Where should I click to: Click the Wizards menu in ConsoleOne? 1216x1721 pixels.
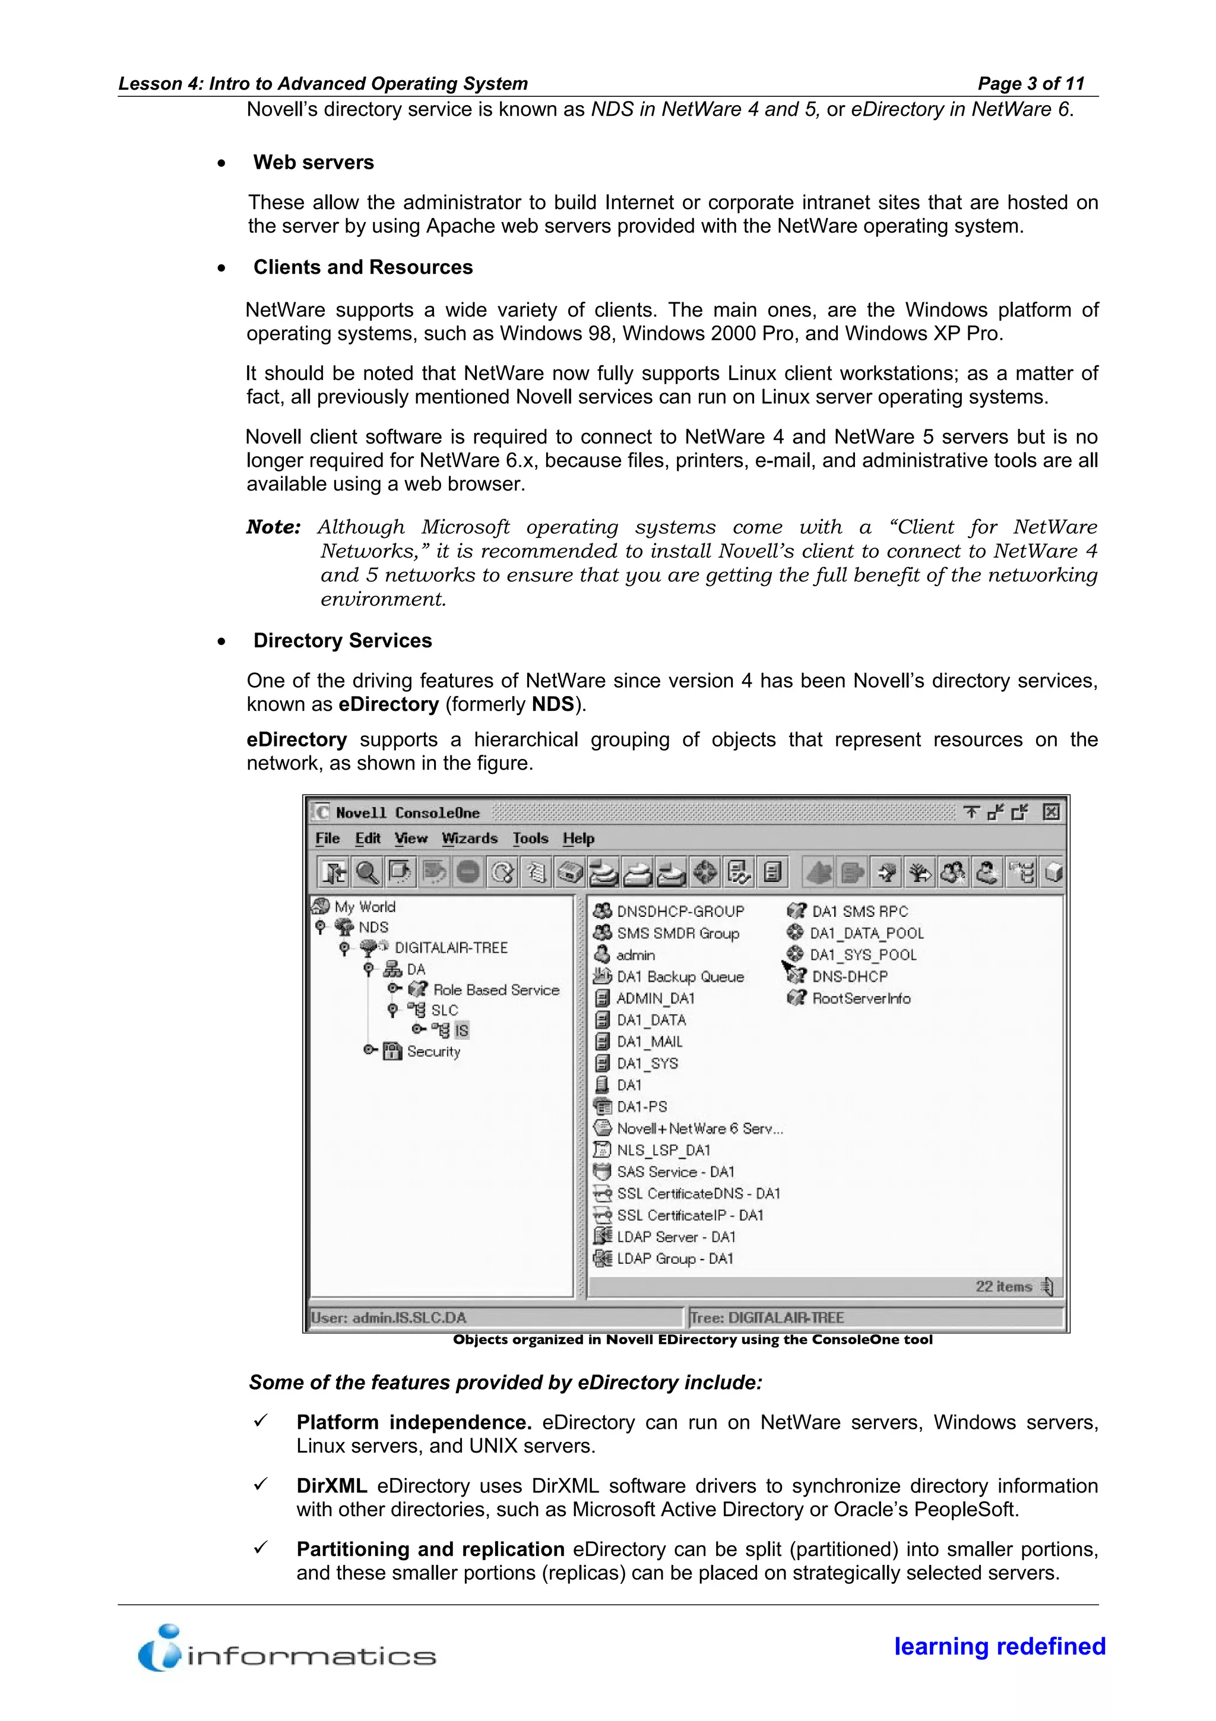coord(469,838)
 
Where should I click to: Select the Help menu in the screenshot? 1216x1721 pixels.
coord(578,838)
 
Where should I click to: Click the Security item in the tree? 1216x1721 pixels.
coord(433,1051)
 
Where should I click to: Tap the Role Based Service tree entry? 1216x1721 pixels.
coord(496,989)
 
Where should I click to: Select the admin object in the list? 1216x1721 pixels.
coord(635,955)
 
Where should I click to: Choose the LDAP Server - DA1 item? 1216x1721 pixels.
coord(676,1237)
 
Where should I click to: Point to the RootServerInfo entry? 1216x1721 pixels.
coord(861,998)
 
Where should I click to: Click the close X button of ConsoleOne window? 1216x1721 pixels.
coord(1051,812)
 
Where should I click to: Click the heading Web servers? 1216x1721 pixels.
coord(313,163)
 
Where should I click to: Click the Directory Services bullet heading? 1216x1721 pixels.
coord(343,641)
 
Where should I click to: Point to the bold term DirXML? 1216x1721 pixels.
coord(331,1486)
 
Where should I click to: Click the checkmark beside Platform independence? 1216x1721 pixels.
coord(260,1421)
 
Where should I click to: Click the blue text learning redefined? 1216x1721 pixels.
coord(999,1646)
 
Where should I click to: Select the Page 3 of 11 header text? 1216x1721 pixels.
coord(1031,83)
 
